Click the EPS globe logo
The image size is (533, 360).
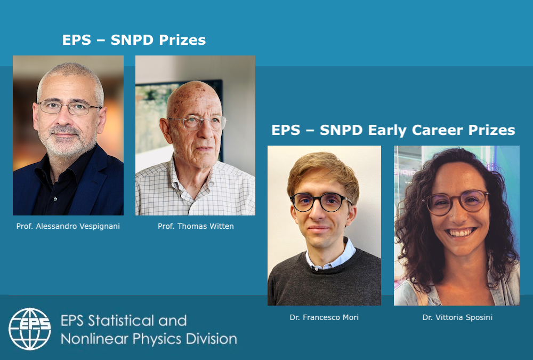(30, 329)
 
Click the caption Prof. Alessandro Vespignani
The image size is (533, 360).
(68, 226)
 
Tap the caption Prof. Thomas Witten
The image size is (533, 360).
(196, 226)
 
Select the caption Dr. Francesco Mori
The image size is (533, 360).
(324, 317)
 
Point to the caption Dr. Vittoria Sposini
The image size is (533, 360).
(457, 317)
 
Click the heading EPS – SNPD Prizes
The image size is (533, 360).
(134, 40)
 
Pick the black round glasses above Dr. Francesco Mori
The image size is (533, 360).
(321, 202)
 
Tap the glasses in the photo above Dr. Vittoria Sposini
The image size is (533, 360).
(456, 202)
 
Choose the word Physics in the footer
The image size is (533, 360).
(152, 338)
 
